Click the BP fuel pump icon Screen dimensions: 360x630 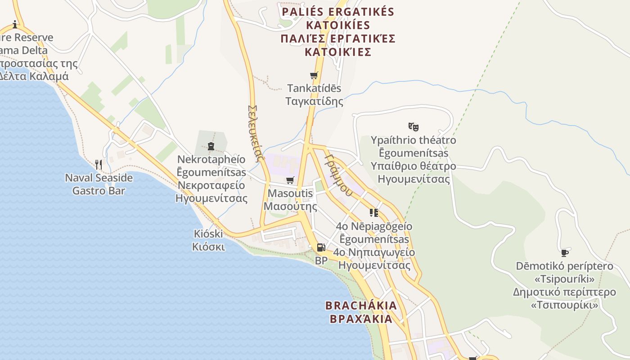point(320,247)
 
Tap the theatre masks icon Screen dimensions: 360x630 point(413,126)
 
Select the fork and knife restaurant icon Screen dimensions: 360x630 point(99,165)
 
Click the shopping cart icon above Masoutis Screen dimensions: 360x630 point(290,180)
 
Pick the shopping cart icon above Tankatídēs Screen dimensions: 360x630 point(314,75)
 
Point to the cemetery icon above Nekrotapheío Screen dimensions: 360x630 point(211,146)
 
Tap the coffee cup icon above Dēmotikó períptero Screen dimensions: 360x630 point(565,253)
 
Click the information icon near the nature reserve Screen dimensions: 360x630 point(15,24)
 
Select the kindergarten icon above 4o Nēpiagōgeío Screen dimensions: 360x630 point(373,212)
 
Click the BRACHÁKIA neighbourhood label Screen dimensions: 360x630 point(361,306)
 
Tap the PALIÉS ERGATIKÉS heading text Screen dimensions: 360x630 point(337,12)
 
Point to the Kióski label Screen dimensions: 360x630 point(208,234)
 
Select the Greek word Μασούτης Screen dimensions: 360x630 point(290,207)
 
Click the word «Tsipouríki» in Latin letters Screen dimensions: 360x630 point(564,279)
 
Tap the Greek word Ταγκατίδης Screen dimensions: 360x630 point(314,101)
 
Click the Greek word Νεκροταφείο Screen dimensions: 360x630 point(211,185)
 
